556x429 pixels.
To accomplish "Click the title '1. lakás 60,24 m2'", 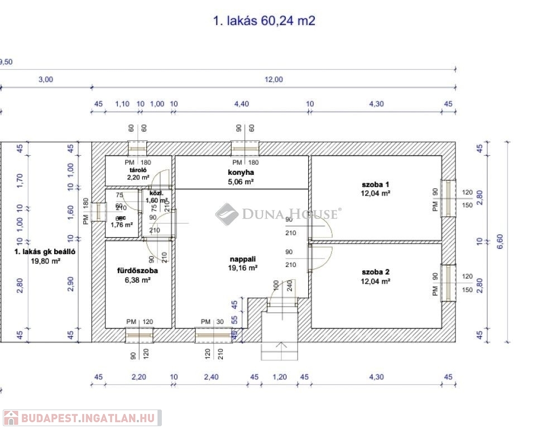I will [x=264, y=21].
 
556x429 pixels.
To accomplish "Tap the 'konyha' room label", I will [x=241, y=173].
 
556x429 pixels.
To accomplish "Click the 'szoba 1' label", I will [x=375, y=184].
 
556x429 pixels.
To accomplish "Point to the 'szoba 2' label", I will [x=375, y=272].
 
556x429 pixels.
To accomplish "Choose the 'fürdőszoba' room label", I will [x=137, y=271].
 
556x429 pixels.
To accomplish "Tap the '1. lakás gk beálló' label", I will [x=45, y=252].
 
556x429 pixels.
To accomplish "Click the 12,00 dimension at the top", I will [x=274, y=79].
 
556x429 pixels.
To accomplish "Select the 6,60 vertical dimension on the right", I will [x=500, y=241].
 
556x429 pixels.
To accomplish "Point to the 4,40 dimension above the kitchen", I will [x=241, y=104].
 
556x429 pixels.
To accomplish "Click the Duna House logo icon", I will [x=227, y=214].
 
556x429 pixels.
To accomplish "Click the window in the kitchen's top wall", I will [x=246, y=148].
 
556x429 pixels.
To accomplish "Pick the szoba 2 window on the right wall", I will [x=448, y=282].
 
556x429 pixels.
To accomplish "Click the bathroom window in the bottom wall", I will [x=138, y=335].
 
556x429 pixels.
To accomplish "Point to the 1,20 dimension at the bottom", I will [x=279, y=377].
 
